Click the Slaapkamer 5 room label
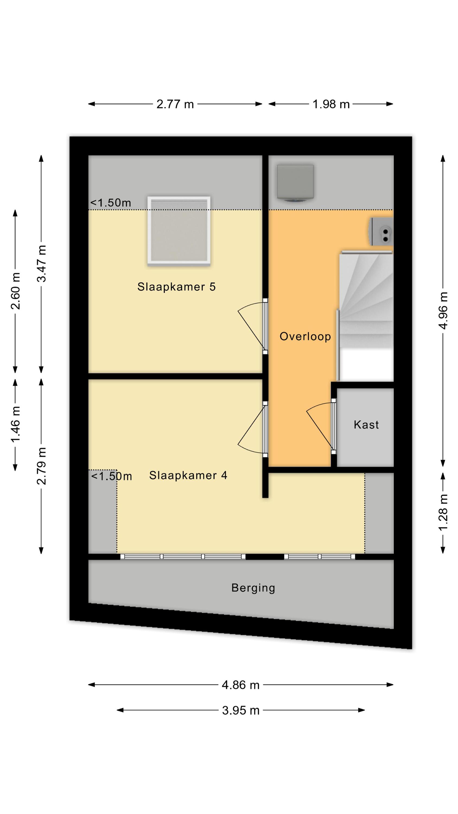tap(176, 287)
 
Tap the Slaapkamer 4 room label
tap(188, 475)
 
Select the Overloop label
tap(305, 336)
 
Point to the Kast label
tap(366, 425)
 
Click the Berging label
tap(253, 588)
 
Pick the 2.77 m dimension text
tap(175, 104)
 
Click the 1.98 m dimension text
tap(331, 104)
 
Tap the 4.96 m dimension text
tap(443, 310)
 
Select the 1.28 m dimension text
tap(443, 513)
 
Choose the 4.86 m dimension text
tap(241, 685)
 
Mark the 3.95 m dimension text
tap(241, 710)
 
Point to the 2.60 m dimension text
tap(15, 291)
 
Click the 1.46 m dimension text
tap(15, 424)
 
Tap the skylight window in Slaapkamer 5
tap(179, 231)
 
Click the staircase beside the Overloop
tap(366, 316)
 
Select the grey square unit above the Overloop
tap(295, 183)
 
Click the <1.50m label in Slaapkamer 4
tap(111, 476)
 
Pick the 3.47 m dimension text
tap(42, 263)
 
